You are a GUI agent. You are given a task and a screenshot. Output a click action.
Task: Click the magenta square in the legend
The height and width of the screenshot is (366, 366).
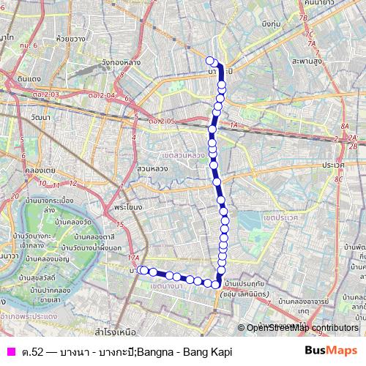coord(10,351)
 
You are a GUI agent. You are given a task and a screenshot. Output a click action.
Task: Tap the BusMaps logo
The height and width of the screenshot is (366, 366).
coord(331,351)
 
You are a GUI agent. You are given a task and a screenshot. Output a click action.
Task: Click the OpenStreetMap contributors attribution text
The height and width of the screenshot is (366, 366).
coord(302,328)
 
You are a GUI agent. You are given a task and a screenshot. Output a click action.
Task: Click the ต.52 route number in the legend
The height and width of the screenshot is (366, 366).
coord(32,351)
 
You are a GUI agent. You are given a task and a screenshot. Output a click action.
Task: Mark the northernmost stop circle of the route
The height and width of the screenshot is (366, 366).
coord(210,61)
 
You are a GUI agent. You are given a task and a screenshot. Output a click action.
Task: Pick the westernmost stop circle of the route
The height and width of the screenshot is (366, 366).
coord(142,270)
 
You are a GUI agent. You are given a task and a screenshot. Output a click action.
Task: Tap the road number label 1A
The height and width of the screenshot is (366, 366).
coord(234,126)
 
